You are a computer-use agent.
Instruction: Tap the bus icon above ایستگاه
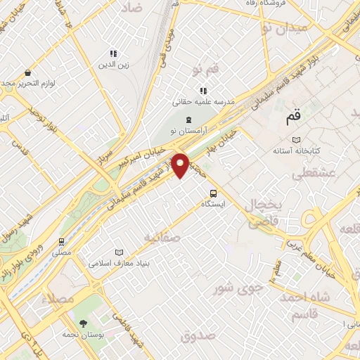(x=213, y=193)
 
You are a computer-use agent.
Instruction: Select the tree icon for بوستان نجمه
(x=83, y=324)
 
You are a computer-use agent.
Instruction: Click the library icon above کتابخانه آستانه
(x=296, y=139)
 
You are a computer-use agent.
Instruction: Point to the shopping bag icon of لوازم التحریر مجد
(x=27, y=72)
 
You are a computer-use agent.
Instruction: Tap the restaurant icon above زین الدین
(x=112, y=53)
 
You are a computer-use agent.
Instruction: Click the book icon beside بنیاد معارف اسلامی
(x=119, y=252)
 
